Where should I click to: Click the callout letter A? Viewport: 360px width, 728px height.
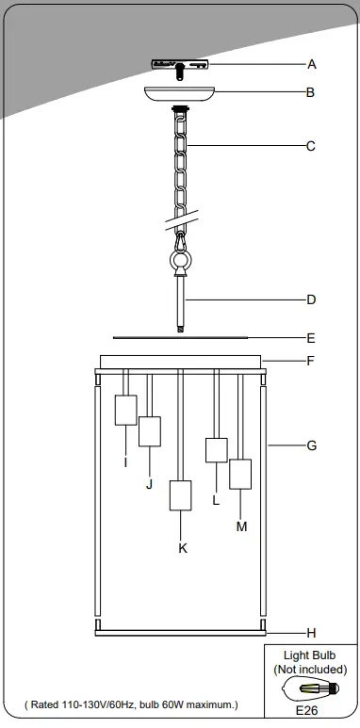tap(312, 65)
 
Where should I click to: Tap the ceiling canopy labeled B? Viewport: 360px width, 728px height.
tap(180, 95)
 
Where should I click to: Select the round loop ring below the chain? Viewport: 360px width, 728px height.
tap(180, 261)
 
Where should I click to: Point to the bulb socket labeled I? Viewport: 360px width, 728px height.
tap(125, 411)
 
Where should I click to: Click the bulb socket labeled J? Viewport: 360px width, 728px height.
tap(150, 430)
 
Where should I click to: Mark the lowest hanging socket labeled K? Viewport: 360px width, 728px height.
tap(180, 495)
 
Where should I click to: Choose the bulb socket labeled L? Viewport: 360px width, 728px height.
tap(216, 450)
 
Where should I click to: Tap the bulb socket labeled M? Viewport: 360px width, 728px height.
tap(240, 474)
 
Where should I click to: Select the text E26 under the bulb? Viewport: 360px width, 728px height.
tap(309, 713)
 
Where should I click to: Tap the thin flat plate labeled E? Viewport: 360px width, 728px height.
tap(180, 336)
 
